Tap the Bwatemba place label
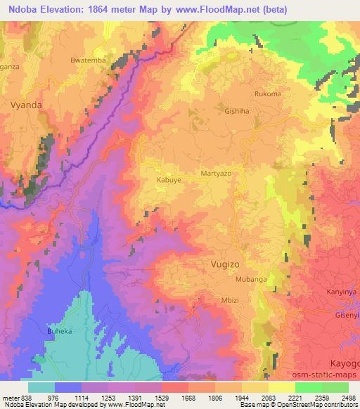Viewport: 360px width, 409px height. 88,60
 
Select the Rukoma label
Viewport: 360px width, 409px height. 268,93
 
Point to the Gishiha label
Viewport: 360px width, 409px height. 236,111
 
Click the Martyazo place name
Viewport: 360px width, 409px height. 216,173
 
